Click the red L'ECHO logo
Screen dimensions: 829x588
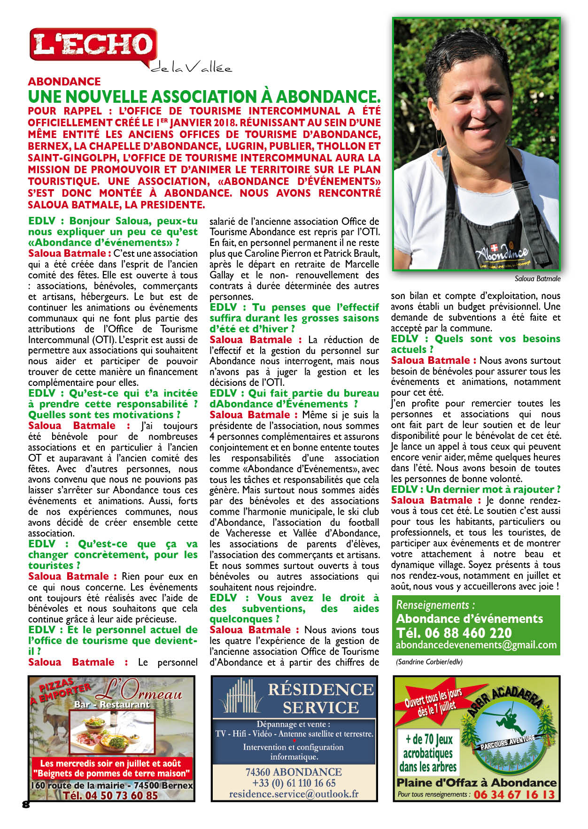click(x=93, y=45)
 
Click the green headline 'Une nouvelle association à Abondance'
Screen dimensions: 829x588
click(x=204, y=97)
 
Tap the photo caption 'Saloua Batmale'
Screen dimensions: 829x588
click(x=537, y=278)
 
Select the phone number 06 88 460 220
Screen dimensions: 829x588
click(x=454, y=632)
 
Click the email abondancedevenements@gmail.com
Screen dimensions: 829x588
click(x=476, y=645)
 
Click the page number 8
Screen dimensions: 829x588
click(x=26, y=804)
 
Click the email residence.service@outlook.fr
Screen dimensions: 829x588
click(x=294, y=794)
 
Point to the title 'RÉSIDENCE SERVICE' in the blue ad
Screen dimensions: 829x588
click(x=321, y=698)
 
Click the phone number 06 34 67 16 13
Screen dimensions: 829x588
click(x=514, y=794)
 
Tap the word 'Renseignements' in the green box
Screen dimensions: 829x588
click(x=433, y=605)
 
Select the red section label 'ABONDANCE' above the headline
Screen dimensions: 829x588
click(x=64, y=82)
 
